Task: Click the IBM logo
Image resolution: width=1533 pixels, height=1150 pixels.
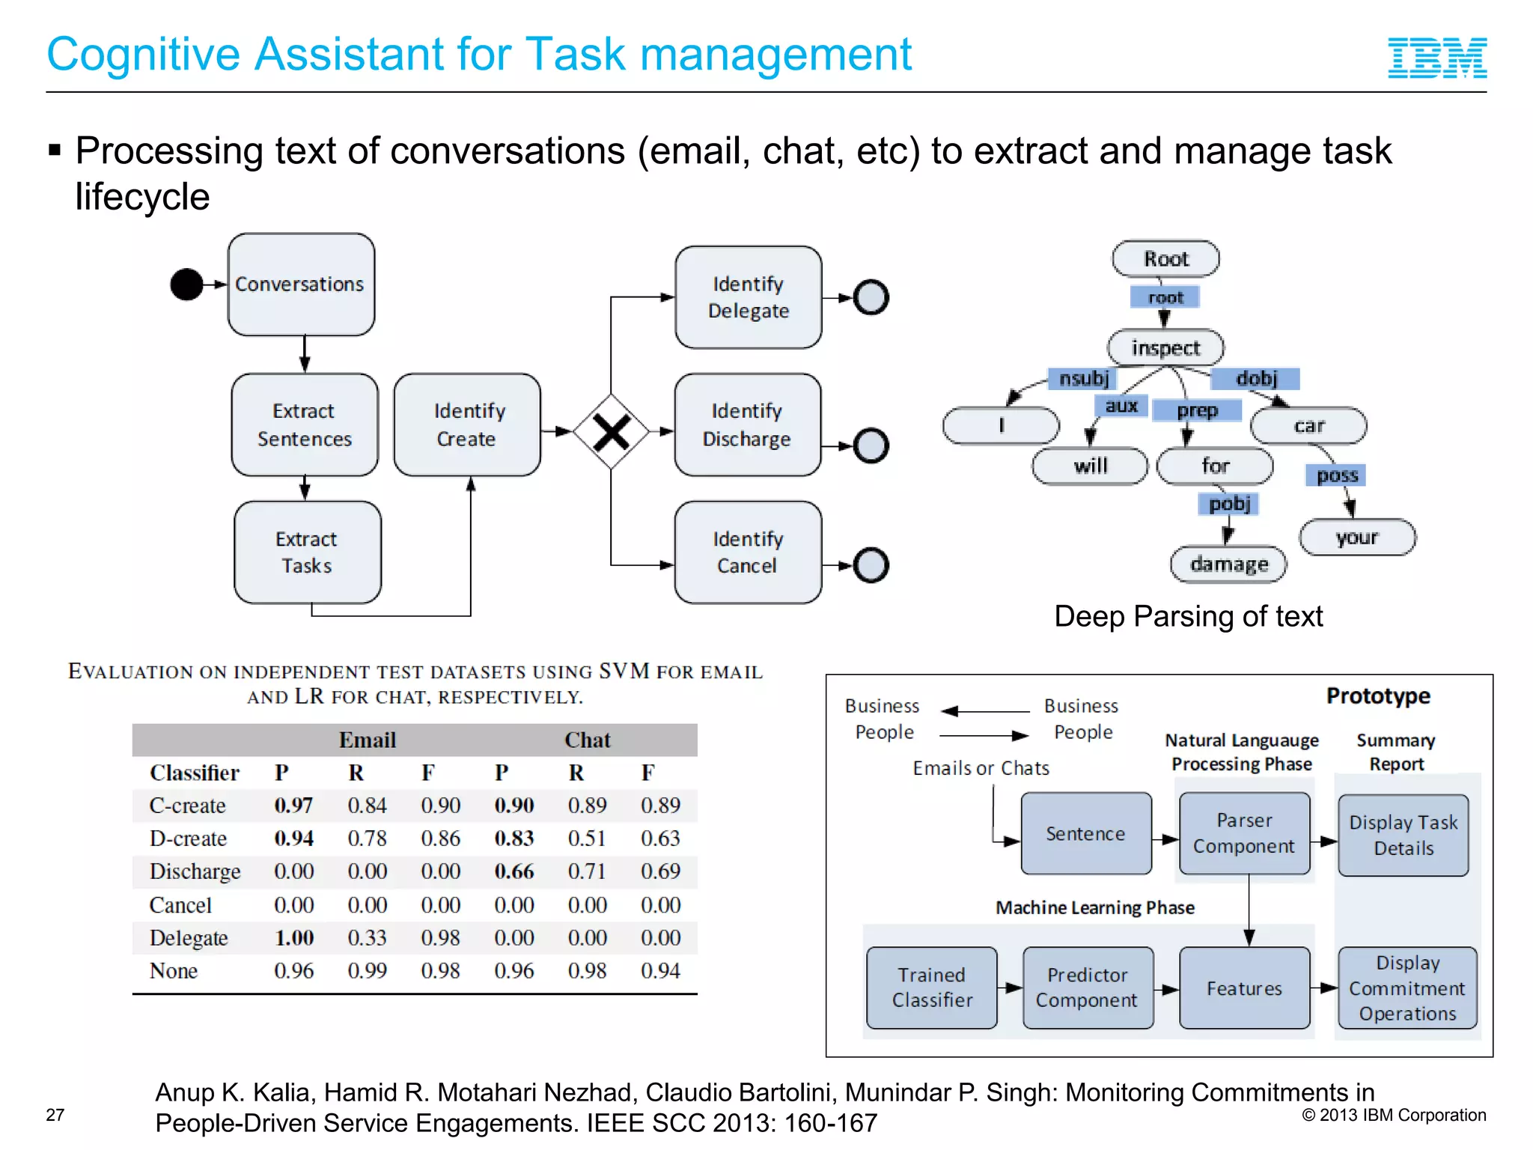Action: click(x=1436, y=58)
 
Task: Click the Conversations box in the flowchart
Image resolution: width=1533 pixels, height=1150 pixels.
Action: click(x=301, y=285)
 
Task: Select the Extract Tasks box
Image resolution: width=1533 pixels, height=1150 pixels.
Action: click(x=307, y=553)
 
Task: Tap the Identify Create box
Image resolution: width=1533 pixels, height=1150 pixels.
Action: click(x=467, y=425)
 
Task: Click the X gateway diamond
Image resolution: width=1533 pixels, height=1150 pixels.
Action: click(x=611, y=432)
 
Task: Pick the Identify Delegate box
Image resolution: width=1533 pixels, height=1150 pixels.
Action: click(x=748, y=297)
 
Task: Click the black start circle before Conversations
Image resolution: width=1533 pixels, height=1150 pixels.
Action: click(x=186, y=285)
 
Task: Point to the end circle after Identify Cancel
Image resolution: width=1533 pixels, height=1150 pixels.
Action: click(x=871, y=565)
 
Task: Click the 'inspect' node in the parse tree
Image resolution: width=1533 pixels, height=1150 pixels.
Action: click(x=1165, y=347)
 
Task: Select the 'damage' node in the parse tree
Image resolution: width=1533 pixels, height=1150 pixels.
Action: click(x=1228, y=564)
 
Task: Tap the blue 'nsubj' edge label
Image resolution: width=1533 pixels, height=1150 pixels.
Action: click(x=1083, y=378)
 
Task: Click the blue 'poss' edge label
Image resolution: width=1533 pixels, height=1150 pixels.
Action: click(x=1336, y=475)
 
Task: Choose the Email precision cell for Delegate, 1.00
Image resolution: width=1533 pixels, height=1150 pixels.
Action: click(x=293, y=937)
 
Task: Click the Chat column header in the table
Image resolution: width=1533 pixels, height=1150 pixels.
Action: click(x=587, y=740)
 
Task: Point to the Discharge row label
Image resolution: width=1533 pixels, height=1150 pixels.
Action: click(x=195, y=871)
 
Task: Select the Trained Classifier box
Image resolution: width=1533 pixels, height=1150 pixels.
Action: click(x=932, y=988)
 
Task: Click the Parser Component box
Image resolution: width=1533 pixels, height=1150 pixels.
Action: click(x=1244, y=833)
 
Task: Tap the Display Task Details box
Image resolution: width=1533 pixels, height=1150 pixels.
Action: click(x=1403, y=835)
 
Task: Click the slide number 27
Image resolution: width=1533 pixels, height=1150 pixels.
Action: click(x=55, y=1115)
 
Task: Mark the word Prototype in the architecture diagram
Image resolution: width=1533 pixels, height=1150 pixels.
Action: click(x=1378, y=696)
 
